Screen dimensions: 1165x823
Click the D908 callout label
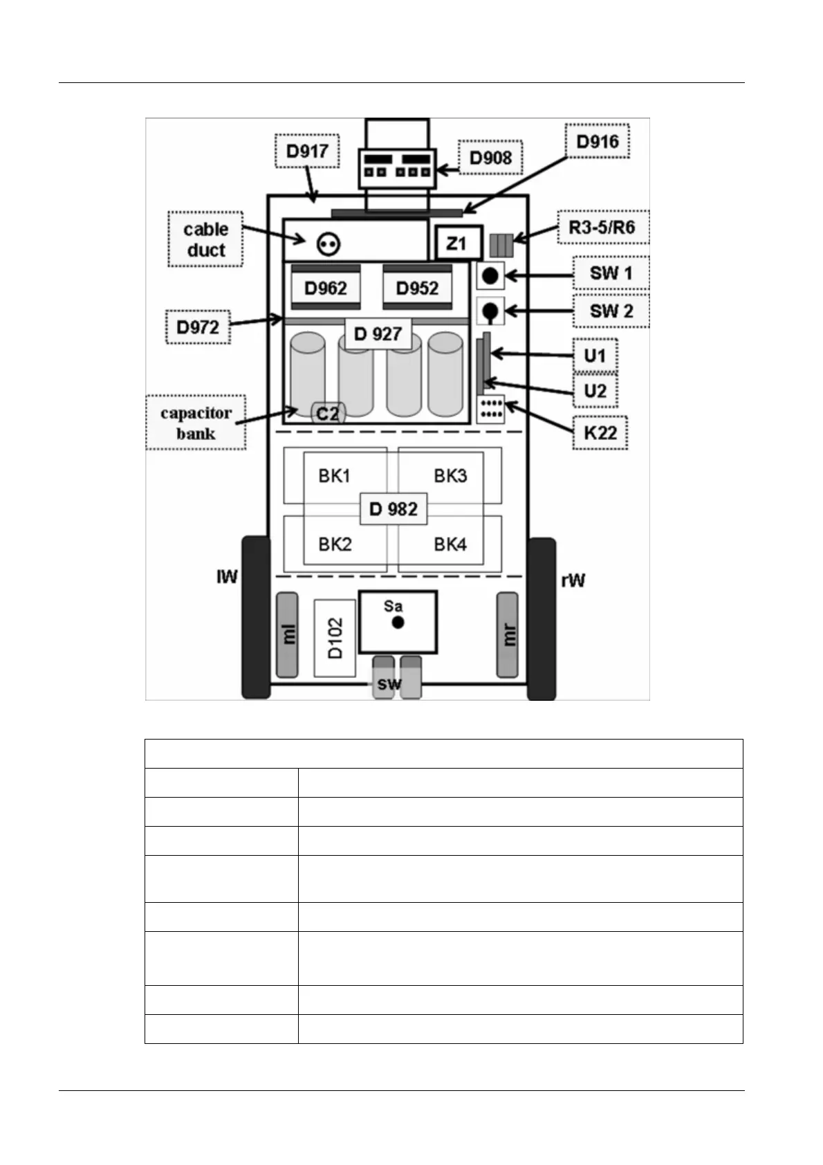click(x=490, y=158)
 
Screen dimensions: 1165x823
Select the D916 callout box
click(x=598, y=142)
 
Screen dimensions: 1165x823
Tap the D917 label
click(x=307, y=151)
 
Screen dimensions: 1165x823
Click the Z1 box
click(x=456, y=244)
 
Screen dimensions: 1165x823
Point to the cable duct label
click(x=205, y=239)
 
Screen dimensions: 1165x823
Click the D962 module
click(x=326, y=288)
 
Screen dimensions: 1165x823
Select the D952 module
click(x=417, y=288)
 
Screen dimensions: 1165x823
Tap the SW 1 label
click(x=611, y=273)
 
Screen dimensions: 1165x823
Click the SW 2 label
click(x=611, y=311)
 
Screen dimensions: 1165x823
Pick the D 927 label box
click(x=378, y=334)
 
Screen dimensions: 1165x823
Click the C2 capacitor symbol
click(x=327, y=414)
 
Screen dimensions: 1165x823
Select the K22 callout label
click(x=600, y=433)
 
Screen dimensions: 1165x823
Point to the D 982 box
click(x=394, y=510)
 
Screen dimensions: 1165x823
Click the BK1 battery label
click(x=335, y=476)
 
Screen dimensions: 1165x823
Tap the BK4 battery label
click(x=450, y=544)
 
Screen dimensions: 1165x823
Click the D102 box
click(x=335, y=638)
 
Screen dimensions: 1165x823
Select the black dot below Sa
click(x=398, y=623)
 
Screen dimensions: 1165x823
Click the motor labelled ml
click(x=288, y=634)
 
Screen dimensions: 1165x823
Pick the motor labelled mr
click(x=508, y=634)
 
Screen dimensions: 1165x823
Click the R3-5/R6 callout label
click(x=602, y=227)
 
